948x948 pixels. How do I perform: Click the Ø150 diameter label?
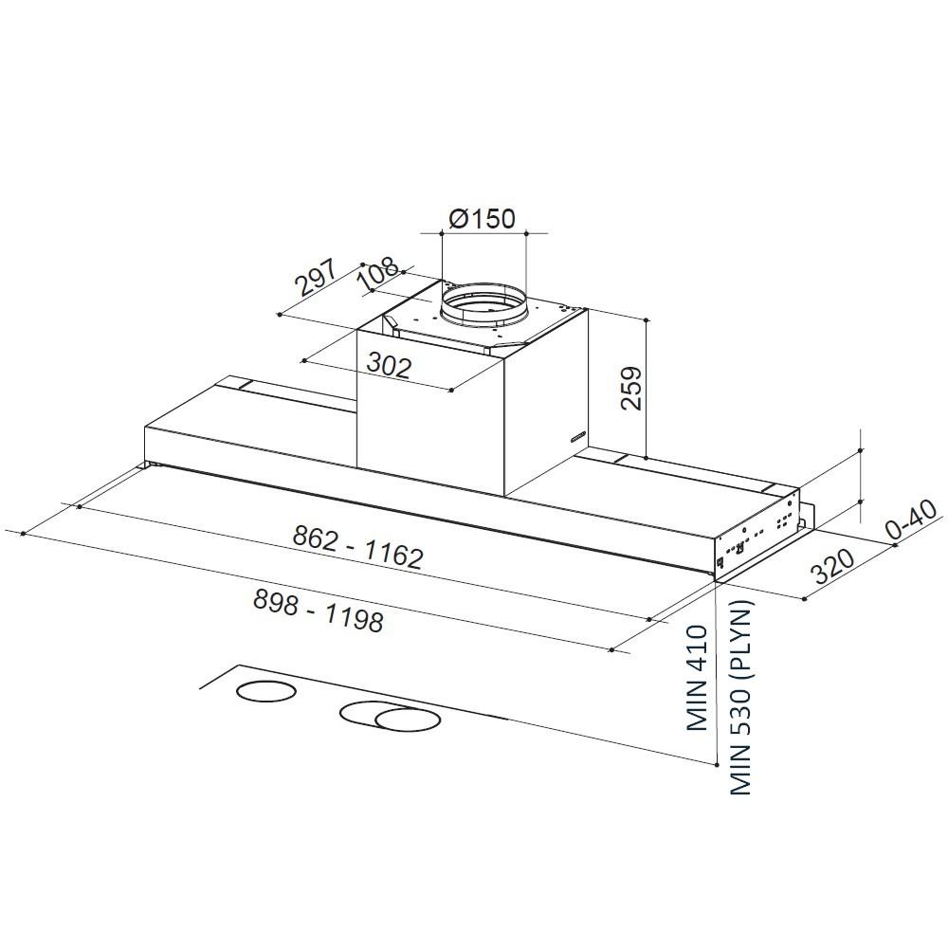click(x=482, y=219)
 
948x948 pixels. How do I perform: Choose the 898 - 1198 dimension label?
click(x=319, y=609)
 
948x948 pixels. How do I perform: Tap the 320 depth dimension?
click(x=835, y=565)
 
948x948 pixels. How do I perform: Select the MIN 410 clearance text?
click(x=699, y=677)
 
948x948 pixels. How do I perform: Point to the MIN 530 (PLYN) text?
click(x=739, y=697)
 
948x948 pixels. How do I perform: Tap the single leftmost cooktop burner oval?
click(x=264, y=692)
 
